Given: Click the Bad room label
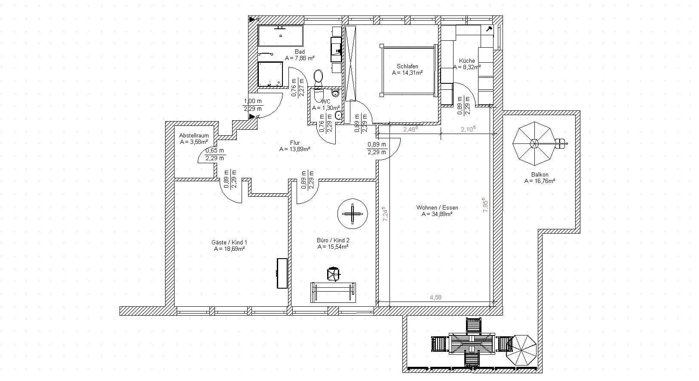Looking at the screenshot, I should [x=300, y=52].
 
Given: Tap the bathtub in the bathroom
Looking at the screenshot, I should [x=280, y=36].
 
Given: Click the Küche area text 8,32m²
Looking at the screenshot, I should [x=467, y=67].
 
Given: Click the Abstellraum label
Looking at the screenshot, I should [x=194, y=135].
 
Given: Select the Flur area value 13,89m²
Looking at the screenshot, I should [x=295, y=149].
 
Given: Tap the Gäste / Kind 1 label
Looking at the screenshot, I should [x=229, y=242].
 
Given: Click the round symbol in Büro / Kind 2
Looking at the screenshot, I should [x=353, y=214].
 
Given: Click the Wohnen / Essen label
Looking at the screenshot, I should [x=437, y=207].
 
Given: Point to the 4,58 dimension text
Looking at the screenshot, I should [x=435, y=297].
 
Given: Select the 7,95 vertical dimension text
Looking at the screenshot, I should [x=486, y=205].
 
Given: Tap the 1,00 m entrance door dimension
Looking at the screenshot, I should [x=252, y=101].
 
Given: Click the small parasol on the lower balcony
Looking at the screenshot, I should [x=524, y=351].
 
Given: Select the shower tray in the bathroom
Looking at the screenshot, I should [x=270, y=74].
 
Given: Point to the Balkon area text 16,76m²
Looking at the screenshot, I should [x=540, y=181].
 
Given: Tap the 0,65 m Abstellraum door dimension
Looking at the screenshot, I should [x=215, y=151].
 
